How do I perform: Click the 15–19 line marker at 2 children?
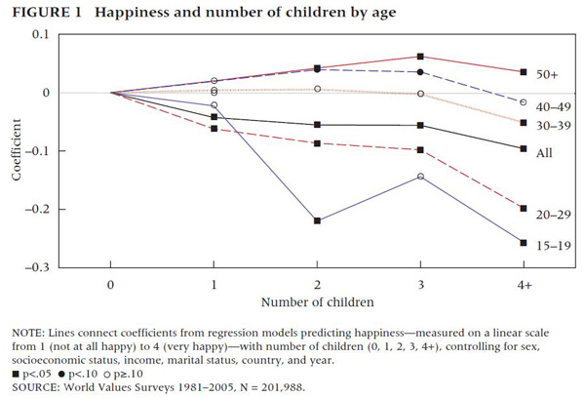pyautogui.click(x=318, y=220)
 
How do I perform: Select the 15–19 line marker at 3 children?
pyautogui.click(x=420, y=177)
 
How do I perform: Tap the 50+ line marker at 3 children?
pyautogui.click(x=420, y=57)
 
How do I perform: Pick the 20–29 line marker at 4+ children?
pyautogui.click(x=524, y=209)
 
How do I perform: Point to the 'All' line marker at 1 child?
pyautogui.click(x=214, y=117)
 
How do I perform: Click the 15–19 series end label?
pyautogui.click(x=549, y=244)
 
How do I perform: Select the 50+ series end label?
pyautogui.click(x=547, y=74)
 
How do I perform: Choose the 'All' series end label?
pyautogui.click(x=544, y=153)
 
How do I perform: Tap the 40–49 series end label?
pyautogui.click(x=549, y=103)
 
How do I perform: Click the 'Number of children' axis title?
pyautogui.click(x=318, y=303)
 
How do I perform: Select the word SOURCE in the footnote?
pyautogui.click(x=33, y=386)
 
